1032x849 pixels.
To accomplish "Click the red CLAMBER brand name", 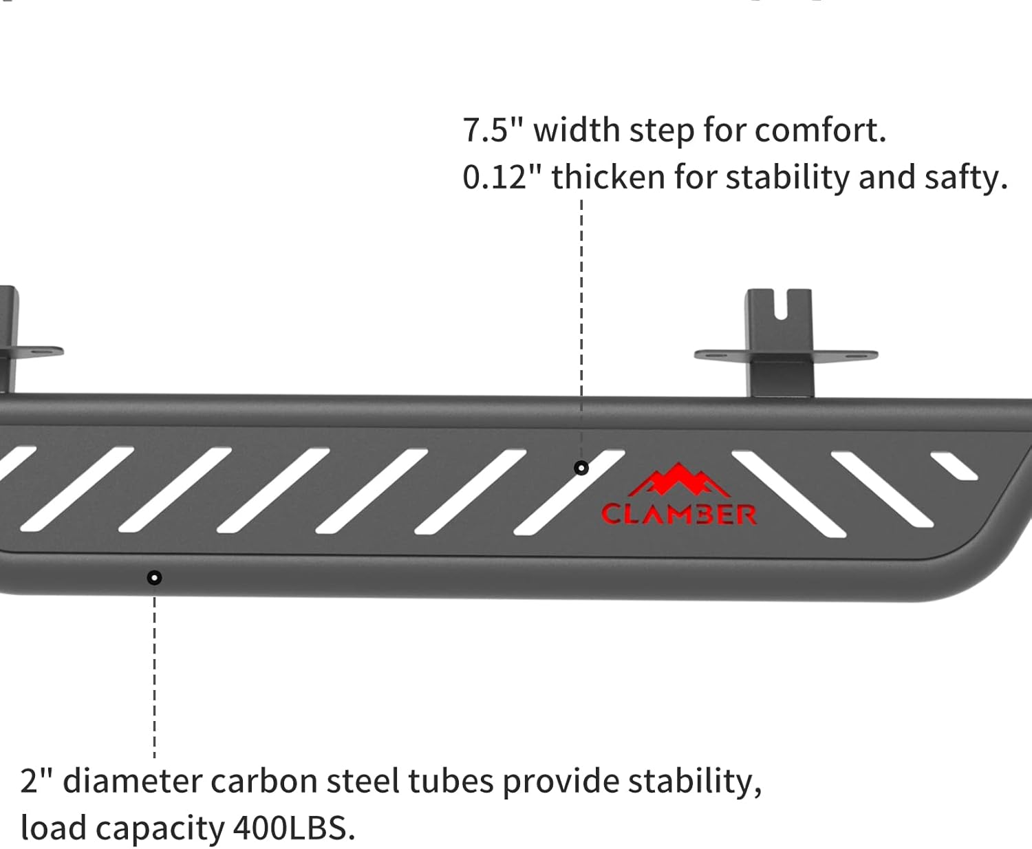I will pos(678,514).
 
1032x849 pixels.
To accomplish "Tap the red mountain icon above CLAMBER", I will pos(679,480).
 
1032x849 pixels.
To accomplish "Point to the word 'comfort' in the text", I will pos(819,129).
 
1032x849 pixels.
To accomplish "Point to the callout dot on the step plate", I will pos(581,468).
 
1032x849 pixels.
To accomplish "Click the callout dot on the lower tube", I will pos(155,577).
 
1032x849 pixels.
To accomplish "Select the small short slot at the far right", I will pos(954,465).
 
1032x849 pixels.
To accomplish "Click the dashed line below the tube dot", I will pos(155,674).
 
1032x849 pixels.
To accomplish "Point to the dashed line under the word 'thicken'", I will pos(581,310).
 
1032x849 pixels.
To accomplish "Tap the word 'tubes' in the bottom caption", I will pos(451,782).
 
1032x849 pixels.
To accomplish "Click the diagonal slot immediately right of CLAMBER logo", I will pos(788,493).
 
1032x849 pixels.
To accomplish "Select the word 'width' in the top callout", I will pos(577,129).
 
